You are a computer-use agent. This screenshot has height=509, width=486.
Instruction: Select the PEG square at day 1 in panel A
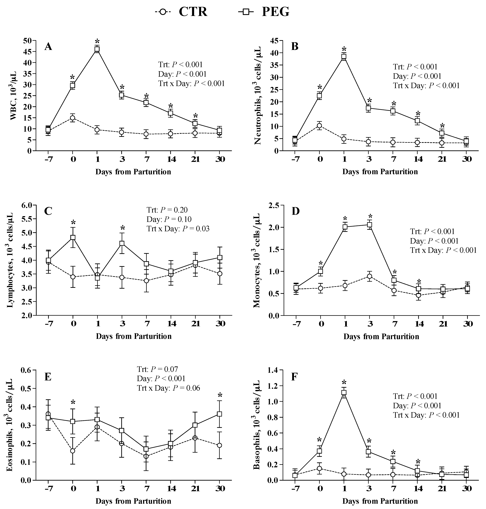[x=97, y=49]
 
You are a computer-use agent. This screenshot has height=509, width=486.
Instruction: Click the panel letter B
[x=295, y=47]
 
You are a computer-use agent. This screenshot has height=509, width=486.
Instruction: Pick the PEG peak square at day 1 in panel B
[x=344, y=57]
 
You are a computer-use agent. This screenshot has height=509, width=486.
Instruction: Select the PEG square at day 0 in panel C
[x=73, y=237]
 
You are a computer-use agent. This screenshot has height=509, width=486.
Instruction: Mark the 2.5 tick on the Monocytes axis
[x=274, y=205]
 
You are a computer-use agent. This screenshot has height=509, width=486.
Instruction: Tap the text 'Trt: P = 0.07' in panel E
[x=157, y=369]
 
